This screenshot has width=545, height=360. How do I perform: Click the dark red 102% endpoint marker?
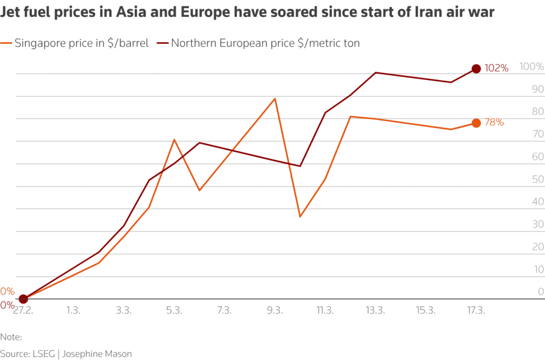point(476,69)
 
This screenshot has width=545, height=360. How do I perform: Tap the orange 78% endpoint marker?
point(476,123)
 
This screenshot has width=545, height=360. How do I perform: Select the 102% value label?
point(497,69)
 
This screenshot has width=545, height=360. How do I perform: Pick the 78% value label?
point(494,122)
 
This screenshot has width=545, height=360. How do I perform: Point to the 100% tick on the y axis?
point(532,67)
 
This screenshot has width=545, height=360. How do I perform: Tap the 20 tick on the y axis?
point(539,247)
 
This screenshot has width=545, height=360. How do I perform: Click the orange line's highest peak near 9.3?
point(275,99)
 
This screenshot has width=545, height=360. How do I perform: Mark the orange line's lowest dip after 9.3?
point(300,216)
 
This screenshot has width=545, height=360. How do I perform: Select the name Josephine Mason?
point(98,354)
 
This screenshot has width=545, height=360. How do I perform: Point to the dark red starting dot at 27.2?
point(23,299)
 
